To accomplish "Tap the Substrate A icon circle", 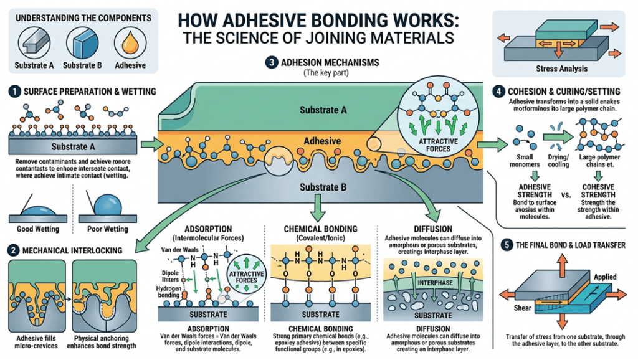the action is [34, 43].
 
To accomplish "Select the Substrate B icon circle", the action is [82, 43].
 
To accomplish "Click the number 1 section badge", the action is [14, 92].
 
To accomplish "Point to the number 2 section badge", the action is [14, 250].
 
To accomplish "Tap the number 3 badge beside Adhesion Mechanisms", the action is [272, 63].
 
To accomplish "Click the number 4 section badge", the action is [498, 91].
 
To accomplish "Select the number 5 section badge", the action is [507, 245].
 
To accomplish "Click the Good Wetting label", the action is [38, 229].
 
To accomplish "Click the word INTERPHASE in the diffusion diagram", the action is [435, 283].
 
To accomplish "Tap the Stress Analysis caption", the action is [561, 69].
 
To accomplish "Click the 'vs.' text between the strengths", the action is [566, 195].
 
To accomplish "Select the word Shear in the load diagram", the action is [522, 308].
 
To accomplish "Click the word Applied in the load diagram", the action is [605, 277].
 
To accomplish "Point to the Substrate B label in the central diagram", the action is [323, 187].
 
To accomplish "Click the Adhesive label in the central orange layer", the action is [322, 141].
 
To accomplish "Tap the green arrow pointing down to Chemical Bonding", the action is [317, 208].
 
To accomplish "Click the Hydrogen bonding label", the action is [169, 291].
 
